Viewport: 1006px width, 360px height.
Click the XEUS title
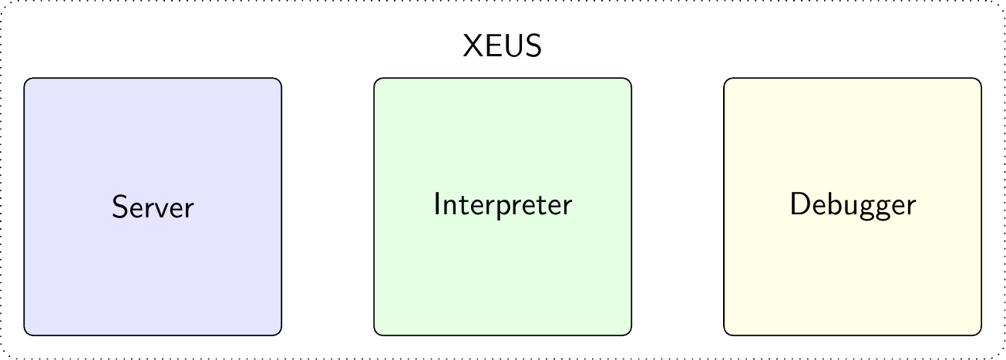pos(502,45)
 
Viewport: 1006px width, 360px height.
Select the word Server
pos(153,207)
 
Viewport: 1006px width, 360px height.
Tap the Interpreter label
pos(503,205)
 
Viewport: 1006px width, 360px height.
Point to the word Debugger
pos(853,205)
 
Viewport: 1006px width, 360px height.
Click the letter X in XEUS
pos(473,45)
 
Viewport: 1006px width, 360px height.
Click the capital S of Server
pos(119,207)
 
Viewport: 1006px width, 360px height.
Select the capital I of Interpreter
pos(436,204)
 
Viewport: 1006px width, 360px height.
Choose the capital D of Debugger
pos(799,204)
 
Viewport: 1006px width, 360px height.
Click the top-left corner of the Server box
pos(24,78)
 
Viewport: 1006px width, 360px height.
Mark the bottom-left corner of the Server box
pos(24,335)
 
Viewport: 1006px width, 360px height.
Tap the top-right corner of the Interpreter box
pos(631,78)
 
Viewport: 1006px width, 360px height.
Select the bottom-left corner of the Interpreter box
pos(374,335)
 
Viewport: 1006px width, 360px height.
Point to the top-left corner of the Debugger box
pos(724,78)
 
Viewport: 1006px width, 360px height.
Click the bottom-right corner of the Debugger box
pos(981,335)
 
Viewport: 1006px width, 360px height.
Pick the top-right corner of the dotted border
pos(1004,1)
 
